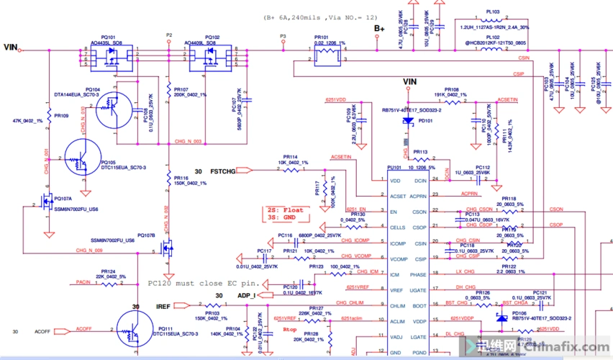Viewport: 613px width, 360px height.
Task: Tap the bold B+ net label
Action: pyautogui.click(x=379, y=29)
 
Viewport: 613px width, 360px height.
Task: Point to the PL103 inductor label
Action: pyautogui.click(x=493, y=12)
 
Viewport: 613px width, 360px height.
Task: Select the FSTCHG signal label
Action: pyautogui.click(x=222, y=171)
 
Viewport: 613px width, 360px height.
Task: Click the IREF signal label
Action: pyautogui.click(x=164, y=307)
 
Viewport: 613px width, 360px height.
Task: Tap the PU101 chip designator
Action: pyautogui.click(x=394, y=167)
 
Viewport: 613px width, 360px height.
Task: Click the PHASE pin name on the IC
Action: pyautogui.click(x=417, y=274)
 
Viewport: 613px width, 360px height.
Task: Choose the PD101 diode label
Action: pyautogui.click(x=425, y=121)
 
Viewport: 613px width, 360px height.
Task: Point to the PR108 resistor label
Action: pyautogui.click(x=451, y=89)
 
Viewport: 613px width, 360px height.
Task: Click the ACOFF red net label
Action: pyautogui.click(x=84, y=328)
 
